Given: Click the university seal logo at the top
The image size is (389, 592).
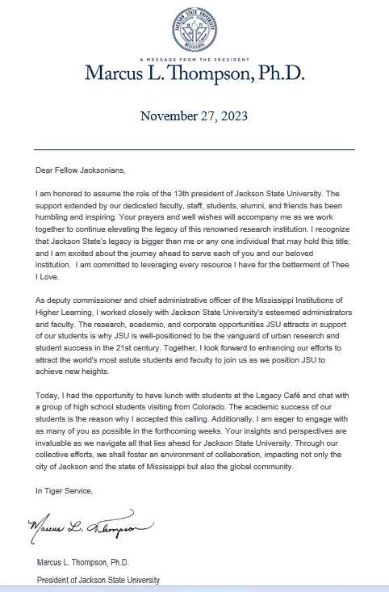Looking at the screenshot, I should pos(194,29).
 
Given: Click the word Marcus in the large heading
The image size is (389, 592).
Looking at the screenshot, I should pos(114,74).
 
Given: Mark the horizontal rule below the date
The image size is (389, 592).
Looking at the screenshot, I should pos(194,149).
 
